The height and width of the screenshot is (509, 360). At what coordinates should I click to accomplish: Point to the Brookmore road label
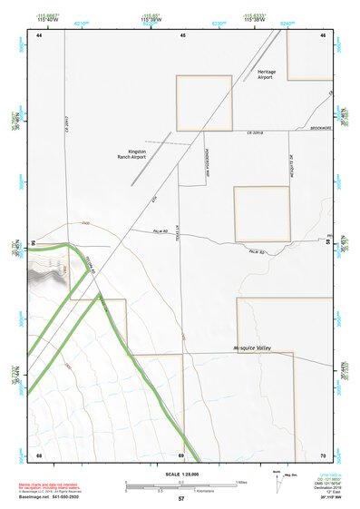[321, 129]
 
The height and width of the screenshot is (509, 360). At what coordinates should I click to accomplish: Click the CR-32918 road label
[254, 133]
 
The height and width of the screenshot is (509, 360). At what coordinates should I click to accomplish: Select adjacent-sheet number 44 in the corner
[39, 34]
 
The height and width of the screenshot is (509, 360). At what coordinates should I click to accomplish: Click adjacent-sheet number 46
[324, 34]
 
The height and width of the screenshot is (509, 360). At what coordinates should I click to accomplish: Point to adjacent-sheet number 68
[39, 454]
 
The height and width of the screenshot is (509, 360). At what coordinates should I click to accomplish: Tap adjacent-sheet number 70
[324, 454]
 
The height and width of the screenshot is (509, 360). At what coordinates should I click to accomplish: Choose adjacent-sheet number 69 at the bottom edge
[181, 454]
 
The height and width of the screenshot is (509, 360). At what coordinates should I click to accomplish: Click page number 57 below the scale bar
[181, 498]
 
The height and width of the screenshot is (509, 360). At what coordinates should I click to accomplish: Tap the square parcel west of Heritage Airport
[197, 102]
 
